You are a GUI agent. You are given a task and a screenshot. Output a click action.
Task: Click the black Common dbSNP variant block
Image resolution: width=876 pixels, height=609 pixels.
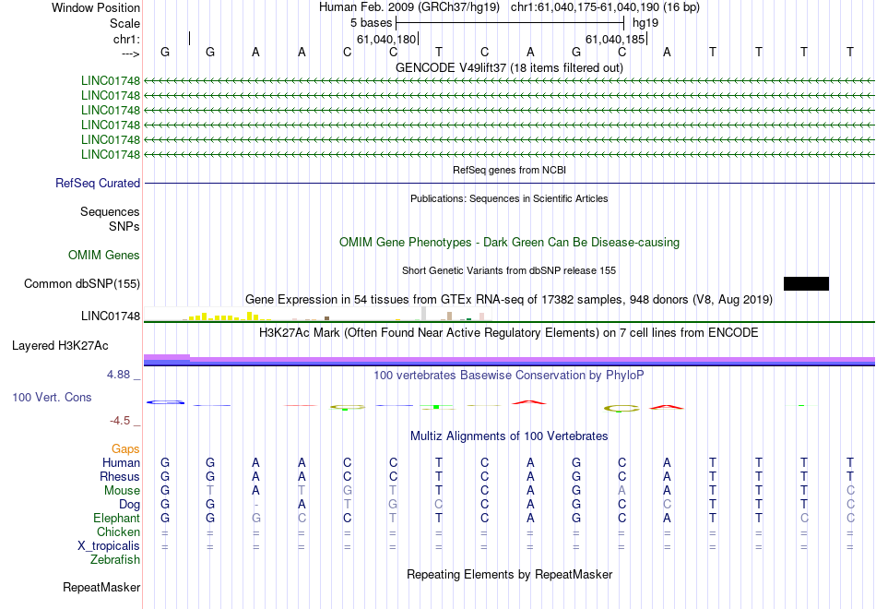point(806,283)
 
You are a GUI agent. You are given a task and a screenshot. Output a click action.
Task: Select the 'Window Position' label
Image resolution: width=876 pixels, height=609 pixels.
point(96,7)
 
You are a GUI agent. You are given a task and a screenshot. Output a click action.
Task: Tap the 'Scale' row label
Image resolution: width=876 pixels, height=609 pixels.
point(124,23)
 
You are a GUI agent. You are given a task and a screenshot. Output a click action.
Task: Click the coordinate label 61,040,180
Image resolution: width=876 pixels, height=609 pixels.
point(386,39)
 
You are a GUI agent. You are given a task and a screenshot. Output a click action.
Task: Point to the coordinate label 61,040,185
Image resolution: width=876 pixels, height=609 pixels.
point(615,39)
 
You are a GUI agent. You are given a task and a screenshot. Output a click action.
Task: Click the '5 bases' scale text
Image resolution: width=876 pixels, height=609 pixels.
point(371,23)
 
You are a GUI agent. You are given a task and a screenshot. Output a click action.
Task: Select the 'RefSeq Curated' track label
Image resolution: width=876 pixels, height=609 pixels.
point(98,183)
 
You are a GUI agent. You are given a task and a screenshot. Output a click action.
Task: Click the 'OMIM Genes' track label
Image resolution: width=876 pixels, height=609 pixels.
point(104,255)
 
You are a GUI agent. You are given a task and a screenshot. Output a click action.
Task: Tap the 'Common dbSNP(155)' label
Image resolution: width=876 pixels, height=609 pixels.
point(82,283)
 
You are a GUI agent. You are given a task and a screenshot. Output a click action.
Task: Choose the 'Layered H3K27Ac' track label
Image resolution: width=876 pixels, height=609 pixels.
point(60,346)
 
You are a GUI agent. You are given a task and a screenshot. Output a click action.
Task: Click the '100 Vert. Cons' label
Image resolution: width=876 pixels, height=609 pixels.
point(52,397)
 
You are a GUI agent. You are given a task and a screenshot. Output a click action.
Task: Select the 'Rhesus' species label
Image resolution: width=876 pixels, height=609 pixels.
point(120,476)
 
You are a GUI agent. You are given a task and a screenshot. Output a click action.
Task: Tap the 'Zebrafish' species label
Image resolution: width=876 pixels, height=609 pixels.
point(115,559)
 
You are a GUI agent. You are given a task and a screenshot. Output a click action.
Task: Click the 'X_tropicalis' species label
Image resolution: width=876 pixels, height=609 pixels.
point(109,546)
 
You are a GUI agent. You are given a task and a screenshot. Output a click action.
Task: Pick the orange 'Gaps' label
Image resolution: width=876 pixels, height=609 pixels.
point(125,449)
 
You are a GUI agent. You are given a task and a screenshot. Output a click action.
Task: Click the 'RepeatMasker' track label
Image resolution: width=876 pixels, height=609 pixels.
point(101,587)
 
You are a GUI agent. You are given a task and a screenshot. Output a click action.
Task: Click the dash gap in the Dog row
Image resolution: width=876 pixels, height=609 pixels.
point(255,505)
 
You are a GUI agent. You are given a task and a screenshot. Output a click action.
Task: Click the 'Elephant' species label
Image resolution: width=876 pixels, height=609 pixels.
point(116,519)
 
